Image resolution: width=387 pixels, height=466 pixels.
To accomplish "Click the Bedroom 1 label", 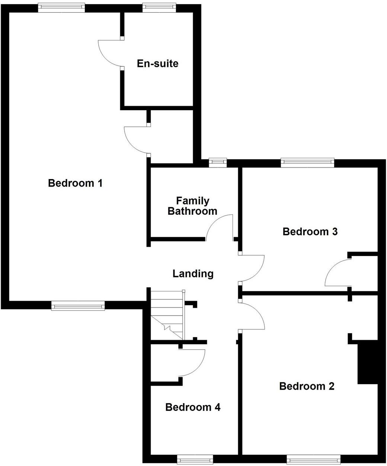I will (75, 183).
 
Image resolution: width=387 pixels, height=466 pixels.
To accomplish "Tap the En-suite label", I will (158, 63).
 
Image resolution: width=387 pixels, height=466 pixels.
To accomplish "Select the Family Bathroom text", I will (192, 206).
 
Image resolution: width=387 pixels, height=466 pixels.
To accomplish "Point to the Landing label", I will (193, 274).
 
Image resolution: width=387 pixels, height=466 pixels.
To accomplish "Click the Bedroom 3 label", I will (310, 232).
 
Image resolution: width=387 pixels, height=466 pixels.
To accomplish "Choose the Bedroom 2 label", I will (307, 386).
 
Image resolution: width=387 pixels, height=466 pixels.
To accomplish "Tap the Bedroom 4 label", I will (193, 407).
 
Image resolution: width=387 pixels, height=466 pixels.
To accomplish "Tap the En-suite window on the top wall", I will (159, 7).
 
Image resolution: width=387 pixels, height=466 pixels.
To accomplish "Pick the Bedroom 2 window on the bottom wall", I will (313, 459).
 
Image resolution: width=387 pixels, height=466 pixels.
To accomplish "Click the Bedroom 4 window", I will (195, 459).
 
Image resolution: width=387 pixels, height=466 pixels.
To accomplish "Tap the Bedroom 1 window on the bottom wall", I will (78, 307).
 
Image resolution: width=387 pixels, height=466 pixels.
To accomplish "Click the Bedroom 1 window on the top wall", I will (61, 7).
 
